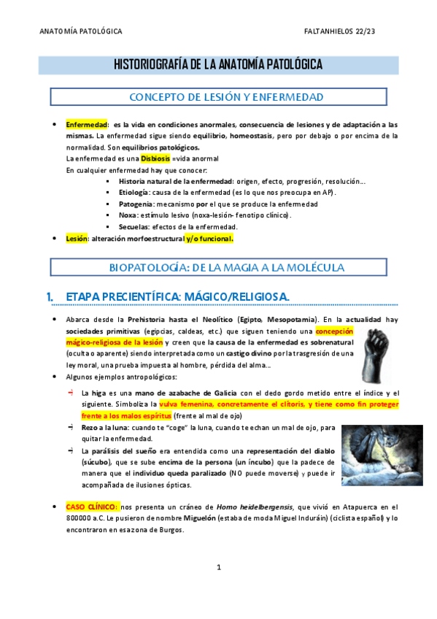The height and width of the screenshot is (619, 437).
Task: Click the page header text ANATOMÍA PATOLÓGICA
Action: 80,32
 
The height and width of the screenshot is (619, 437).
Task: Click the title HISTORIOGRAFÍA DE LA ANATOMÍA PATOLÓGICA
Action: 218,65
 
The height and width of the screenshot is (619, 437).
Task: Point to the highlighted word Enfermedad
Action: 86,124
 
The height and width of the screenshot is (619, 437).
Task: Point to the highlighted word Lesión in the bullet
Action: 76,238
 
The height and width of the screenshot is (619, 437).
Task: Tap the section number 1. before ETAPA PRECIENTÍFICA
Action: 50,296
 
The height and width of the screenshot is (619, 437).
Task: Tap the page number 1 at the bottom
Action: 218,566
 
